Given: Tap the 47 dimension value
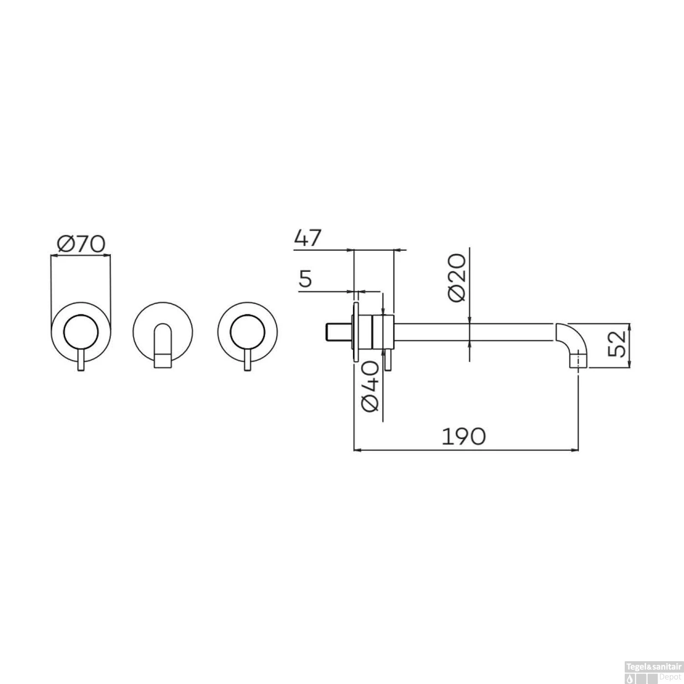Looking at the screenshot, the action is point(308,238).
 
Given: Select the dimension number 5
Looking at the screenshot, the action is point(306,279).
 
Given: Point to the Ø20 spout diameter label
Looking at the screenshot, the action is point(456,278).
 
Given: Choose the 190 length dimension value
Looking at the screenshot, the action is point(465,436).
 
